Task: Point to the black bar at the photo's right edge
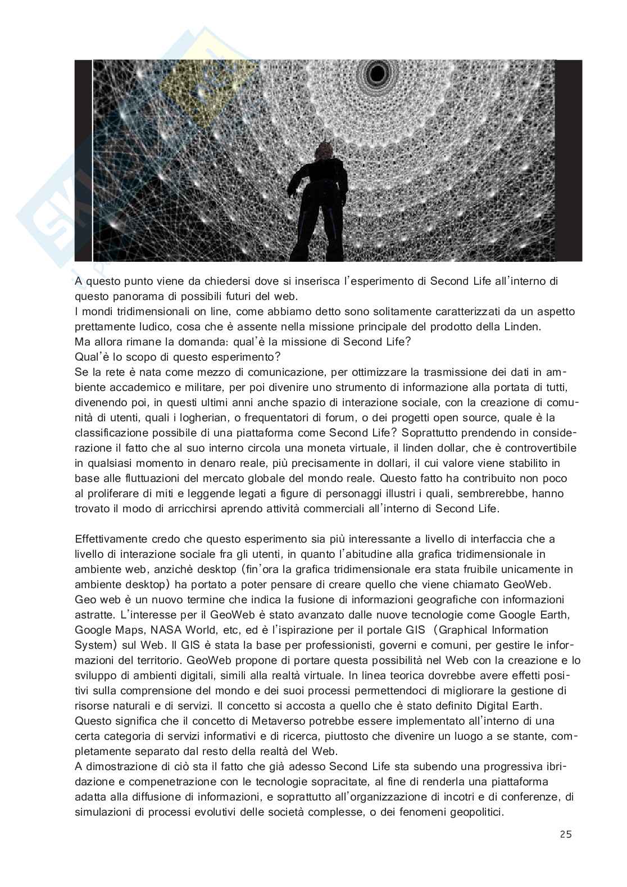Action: coord(569,160)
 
